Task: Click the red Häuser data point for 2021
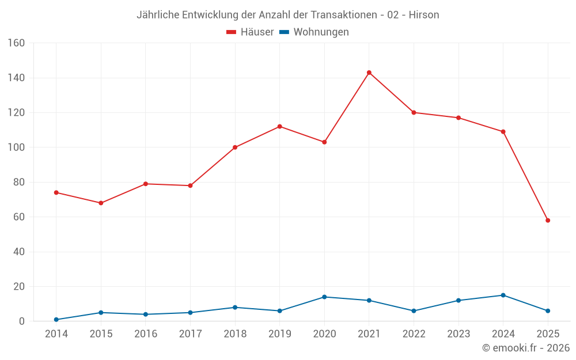point(369,73)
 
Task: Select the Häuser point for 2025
point(548,220)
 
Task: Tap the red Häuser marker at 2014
point(56,192)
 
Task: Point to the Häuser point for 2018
point(235,147)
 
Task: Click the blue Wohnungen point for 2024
point(503,295)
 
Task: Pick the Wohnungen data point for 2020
point(324,297)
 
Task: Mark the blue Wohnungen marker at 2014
point(56,320)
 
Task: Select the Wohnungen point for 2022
point(414,311)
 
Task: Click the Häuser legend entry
point(250,32)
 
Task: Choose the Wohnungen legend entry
point(314,32)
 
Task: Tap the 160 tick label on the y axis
point(16,43)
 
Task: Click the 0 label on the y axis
point(21,321)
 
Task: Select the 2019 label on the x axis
point(279,334)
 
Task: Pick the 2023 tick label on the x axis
point(458,334)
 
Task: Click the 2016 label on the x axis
point(146,334)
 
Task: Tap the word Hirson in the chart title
point(424,15)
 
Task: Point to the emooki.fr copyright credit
point(526,348)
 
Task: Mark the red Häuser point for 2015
point(101,203)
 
